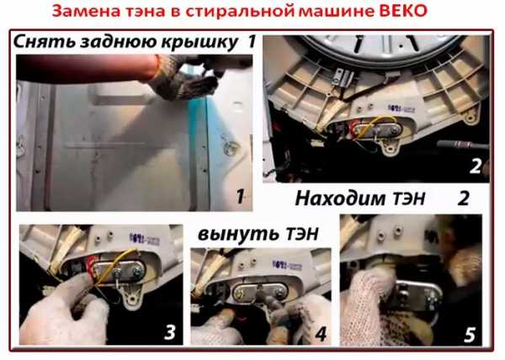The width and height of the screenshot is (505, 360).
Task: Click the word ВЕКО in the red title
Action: [403, 11]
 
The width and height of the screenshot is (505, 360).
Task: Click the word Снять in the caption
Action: [44, 42]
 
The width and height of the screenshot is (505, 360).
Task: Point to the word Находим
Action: [342, 199]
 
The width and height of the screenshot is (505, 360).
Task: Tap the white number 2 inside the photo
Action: [475, 167]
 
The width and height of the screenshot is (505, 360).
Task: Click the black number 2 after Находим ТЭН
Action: [463, 199]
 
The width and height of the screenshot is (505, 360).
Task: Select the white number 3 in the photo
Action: [170, 332]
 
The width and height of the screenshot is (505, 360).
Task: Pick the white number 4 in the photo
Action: [321, 334]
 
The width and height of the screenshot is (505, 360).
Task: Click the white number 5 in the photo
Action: [470, 336]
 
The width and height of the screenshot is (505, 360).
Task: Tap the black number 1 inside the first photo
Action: [240, 196]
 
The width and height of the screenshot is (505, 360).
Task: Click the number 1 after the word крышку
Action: [252, 41]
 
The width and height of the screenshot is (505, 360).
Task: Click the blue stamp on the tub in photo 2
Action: [401, 109]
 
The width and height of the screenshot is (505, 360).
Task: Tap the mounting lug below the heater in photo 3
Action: [131, 297]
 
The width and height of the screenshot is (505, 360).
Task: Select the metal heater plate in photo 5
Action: [417, 294]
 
